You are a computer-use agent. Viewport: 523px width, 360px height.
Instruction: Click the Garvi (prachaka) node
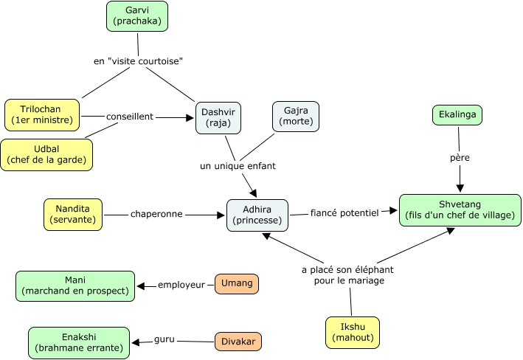click(137, 16)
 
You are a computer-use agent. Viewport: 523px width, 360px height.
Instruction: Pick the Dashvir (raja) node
click(218, 118)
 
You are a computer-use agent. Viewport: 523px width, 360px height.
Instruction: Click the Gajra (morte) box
click(296, 116)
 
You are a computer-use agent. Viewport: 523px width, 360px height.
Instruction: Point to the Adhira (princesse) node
click(257, 215)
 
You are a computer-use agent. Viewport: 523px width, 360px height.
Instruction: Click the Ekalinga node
click(457, 114)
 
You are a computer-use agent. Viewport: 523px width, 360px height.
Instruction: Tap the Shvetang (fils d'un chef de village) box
click(460, 210)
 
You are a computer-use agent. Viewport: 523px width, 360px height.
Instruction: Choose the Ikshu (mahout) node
click(352, 333)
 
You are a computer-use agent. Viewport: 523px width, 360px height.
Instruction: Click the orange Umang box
click(237, 283)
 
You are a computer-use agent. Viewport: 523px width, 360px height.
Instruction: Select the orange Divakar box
click(238, 342)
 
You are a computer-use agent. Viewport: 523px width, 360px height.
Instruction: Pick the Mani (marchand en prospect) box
click(75, 285)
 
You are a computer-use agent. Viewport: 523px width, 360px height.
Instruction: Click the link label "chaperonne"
click(156, 215)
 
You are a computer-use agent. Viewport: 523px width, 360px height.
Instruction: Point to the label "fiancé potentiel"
click(344, 212)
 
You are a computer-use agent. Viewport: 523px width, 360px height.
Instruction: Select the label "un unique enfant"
click(238, 166)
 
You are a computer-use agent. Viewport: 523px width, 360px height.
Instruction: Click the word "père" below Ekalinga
click(460, 157)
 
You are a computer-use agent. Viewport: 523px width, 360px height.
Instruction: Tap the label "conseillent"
click(130, 117)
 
